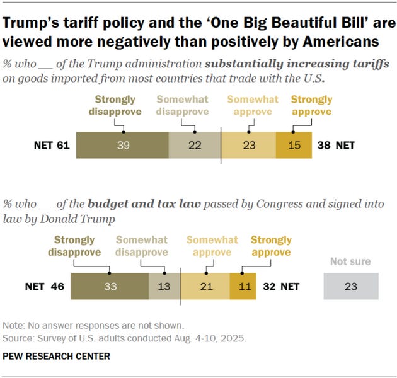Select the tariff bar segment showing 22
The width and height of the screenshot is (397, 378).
[x=194, y=145]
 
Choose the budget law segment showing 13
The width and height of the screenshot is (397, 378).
[x=164, y=286]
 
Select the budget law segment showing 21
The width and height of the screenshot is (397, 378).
[x=205, y=286]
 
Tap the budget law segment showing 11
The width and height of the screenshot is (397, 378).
[x=243, y=286]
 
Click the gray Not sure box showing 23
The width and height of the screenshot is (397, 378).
[x=351, y=286]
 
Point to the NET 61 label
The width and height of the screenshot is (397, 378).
[x=51, y=146]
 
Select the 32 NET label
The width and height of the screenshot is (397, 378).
[x=280, y=286]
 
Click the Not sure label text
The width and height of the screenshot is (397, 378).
[x=351, y=261]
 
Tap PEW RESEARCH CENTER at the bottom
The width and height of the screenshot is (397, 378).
[x=57, y=356]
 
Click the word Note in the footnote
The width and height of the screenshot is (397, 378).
[x=13, y=326]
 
